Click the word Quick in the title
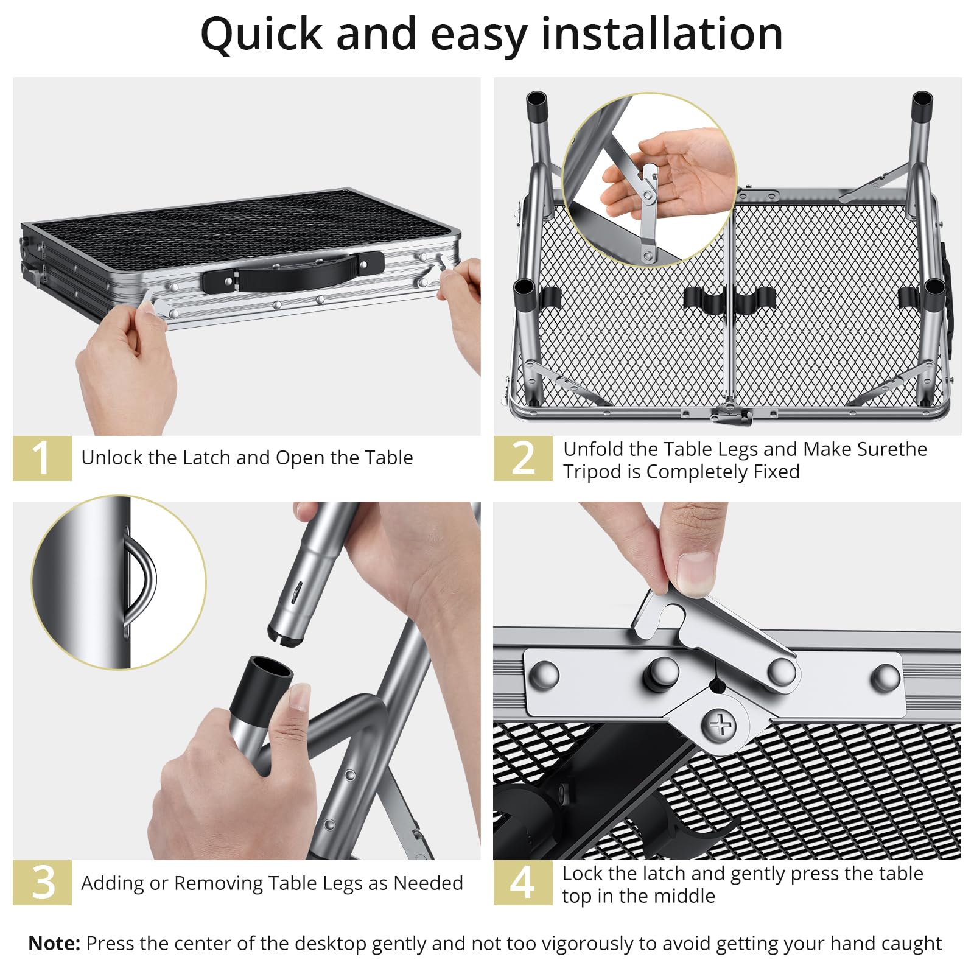coord(262,35)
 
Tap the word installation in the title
coord(662,34)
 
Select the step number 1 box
coord(42,458)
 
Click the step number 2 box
coord(523,458)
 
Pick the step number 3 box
coord(42,882)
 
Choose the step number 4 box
coord(523,882)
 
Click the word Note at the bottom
coord(54,943)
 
